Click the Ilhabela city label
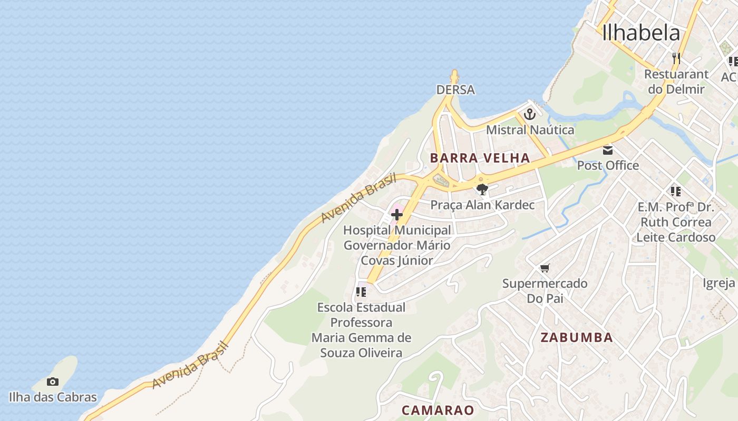coord(641,33)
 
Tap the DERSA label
coord(455,90)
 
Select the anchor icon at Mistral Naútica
coord(530,114)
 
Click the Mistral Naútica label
coord(530,129)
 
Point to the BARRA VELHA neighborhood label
coord(480,158)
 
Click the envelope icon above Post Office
coord(608,151)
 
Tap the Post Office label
coord(608,165)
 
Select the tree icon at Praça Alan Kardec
coord(482,190)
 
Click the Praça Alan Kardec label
coord(482,205)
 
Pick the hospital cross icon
coord(397,215)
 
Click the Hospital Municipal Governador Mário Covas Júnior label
coord(397,245)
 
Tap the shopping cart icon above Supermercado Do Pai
coord(545,268)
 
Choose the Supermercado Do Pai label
coord(545,290)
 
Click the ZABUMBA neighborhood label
coord(577,338)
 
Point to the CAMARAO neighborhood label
coord(438,410)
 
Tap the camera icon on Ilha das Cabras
coord(53,382)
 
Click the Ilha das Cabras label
coord(53,397)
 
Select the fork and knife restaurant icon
coord(676,58)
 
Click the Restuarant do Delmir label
coord(676,82)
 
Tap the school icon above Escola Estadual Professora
coord(361,292)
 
